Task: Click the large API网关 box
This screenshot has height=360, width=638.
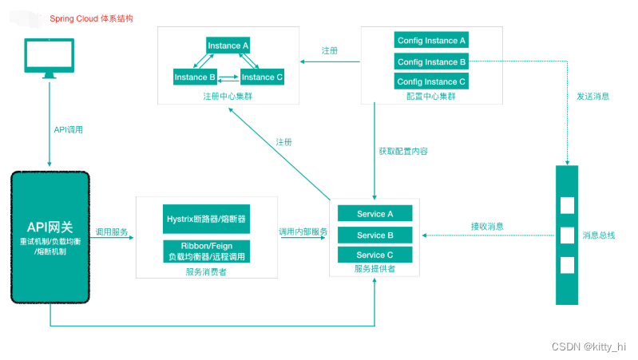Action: pyautogui.click(x=49, y=236)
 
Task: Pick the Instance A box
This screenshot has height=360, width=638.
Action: pyautogui.click(x=228, y=45)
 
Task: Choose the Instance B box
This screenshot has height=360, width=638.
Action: pyautogui.click(x=195, y=77)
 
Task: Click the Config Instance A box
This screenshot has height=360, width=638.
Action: pyautogui.click(x=431, y=41)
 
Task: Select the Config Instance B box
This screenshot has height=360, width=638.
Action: pyautogui.click(x=431, y=61)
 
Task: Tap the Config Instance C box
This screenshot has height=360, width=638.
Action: pyautogui.click(x=431, y=81)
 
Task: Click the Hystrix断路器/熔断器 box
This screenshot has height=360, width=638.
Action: pyautogui.click(x=207, y=218)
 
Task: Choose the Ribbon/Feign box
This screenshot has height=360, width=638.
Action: pyautogui.click(x=207, y=251)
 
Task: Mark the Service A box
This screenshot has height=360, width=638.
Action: pyautogui.click(x=374, y=214)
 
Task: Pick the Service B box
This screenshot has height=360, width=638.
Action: pyautogui.click(x=374, y=235)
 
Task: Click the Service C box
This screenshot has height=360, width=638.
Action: pyautogui.click(x=374, y=255)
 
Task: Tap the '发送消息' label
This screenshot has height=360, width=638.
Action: pyautogui.click(x=592, y=97)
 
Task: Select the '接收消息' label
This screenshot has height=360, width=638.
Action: pyautogui.click(x=487, y=227)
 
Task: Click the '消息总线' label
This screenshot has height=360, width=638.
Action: pyautogui.click(x=600, y=235)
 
